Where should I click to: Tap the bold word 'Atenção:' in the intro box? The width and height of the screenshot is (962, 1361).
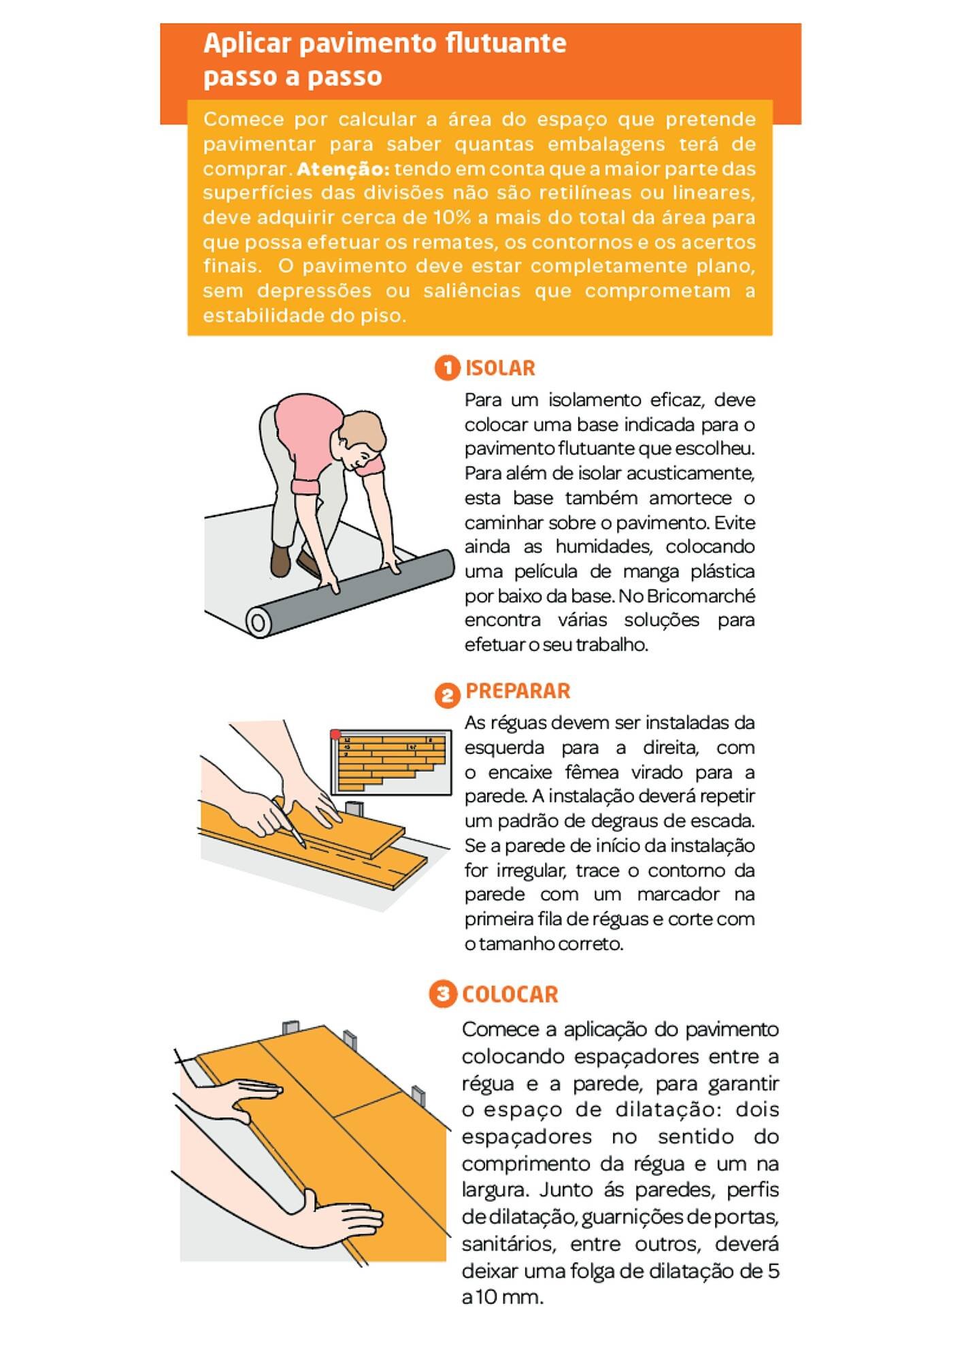pos(343,169)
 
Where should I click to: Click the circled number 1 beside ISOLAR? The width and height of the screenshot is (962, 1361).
pos(447,368)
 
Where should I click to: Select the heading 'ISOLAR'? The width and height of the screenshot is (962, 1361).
pos(500,368)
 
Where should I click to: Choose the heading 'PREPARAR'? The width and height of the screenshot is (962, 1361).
pos(518,691)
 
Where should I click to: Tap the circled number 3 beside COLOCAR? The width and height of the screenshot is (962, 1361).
pos(442,994)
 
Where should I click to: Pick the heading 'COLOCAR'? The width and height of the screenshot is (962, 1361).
pos(510,995)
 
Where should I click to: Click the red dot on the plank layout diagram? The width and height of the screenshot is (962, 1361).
pos(335,735)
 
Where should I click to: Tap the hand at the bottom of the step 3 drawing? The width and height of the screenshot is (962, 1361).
pos(344,1222)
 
